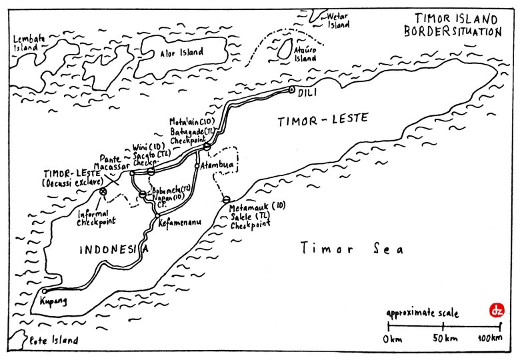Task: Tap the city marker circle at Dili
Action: click(291, 89)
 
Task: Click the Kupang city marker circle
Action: click(44, 291)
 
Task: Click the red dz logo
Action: click(495, 310)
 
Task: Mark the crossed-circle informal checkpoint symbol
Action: click(103, 191)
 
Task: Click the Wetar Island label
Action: click(340, 21)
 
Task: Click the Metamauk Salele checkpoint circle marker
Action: click(225, 199)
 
